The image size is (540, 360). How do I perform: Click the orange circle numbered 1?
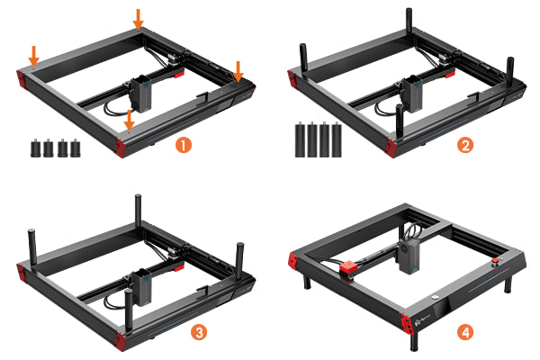click(x=184, y=145)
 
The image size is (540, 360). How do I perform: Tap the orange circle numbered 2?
click(x=465, y=145)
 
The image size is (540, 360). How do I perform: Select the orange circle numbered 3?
click(x=199, y=332)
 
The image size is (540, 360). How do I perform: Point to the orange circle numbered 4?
click(x=465, y=332)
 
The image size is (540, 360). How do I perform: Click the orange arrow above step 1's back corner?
click(x=138, y=19)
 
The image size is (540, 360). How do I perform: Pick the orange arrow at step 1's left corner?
click(x=34, y=56)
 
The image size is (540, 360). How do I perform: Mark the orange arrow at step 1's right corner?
click(x=238, y=72)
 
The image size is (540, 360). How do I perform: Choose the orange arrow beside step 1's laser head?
click(x=129, y=121)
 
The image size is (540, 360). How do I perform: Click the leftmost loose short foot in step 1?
click(x=35, y=148)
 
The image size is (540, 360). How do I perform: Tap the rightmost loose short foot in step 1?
click(x=76, y=148)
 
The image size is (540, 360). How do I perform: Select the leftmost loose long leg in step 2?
click(x=301, y=139)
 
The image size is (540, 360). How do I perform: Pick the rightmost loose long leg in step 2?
click(x=337, y=139)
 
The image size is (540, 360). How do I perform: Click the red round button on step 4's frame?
click(x=495, y=261)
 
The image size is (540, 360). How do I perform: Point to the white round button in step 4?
click(x=435, y=297)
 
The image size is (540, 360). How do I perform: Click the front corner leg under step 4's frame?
click(x=414, y=342)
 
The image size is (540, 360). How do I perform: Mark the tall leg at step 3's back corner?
click(x=138, y=209)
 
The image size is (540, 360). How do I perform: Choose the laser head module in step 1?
click(x=140, y=94)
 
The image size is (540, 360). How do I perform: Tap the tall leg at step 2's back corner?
click(x=409, y=21)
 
